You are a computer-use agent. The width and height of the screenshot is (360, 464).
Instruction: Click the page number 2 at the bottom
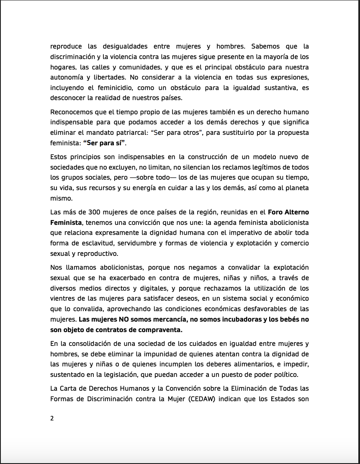tap(52, 418)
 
